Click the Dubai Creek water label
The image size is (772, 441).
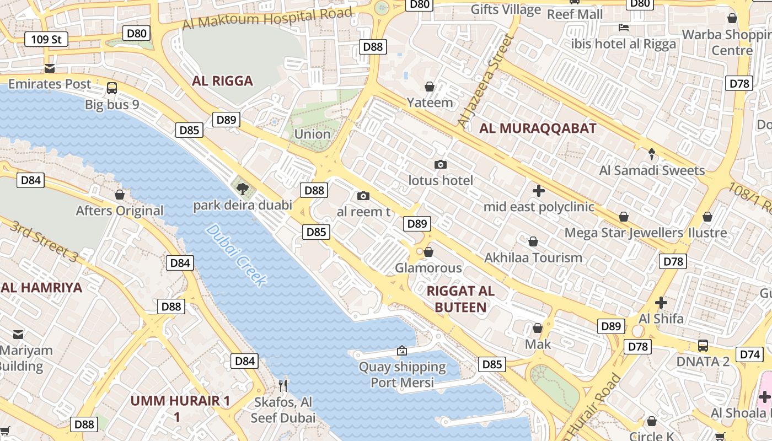[x=237, y=255]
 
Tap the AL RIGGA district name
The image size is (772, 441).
[x=222, y=81]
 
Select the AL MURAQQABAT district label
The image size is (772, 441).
[x=538, y=128]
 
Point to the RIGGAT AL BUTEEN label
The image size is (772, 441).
[x=460, y=299]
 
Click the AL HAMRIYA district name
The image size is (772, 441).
[x=41, y=287]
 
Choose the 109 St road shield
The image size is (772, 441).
[x=46, y=39]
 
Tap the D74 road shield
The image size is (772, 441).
[x=750, y=354]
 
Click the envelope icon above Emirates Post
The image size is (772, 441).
[x=50, y=68]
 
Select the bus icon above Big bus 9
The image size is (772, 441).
[x=112, y=88]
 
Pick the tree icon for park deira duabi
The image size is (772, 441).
[x=242, y=189]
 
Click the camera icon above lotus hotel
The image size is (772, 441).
[x=440, y=164]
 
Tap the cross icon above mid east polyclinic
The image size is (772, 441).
[x=539, y=191]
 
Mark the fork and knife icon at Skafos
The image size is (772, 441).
[x=283, y=385]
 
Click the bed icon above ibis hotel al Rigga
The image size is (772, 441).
[x=624, y=27]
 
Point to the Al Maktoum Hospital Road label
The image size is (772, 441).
[x=267, y=18]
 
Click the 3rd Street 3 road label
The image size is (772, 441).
[x=44, y=241]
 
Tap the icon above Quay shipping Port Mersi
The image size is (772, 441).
[x=402, y=351]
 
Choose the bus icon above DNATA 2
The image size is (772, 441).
[x=703, y=346]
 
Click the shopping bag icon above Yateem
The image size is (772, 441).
[x=430, y=87]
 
